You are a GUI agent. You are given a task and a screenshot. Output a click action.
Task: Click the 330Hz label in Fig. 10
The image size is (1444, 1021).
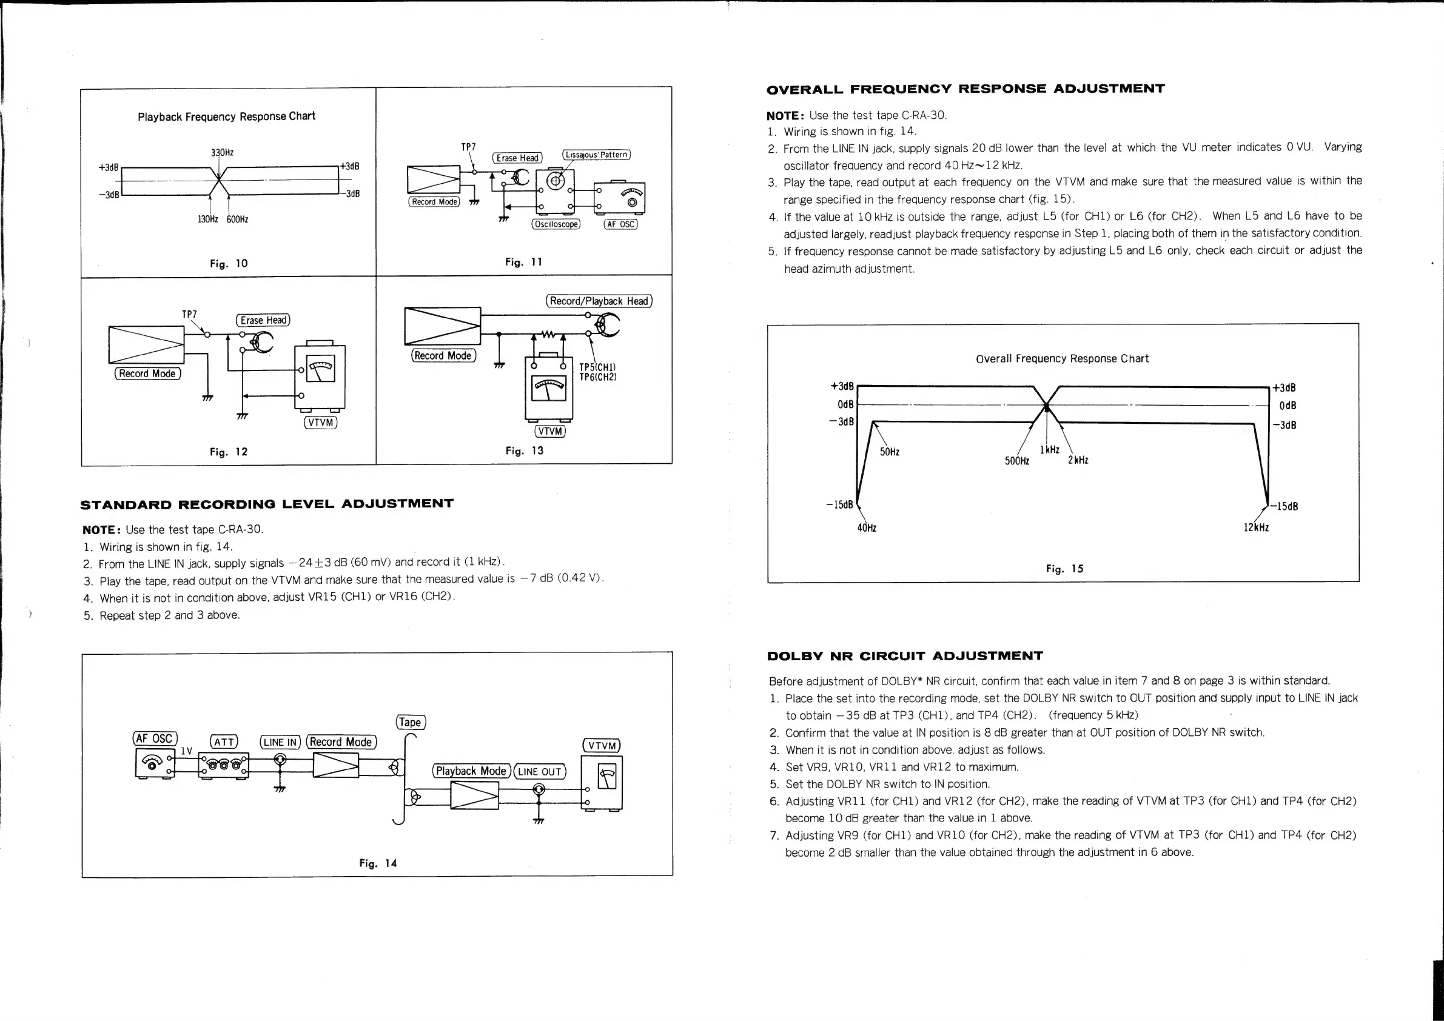[x=222, y=152]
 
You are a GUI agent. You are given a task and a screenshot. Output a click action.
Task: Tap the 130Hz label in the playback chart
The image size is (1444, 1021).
[x=207, y=219]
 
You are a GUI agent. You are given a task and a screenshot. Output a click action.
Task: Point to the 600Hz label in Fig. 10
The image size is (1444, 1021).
[x=237, y=219]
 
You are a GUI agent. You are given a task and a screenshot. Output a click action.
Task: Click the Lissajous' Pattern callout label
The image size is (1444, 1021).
[x=596, y=155]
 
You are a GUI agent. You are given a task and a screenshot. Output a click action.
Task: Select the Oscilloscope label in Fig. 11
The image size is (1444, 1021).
[x=556, y=224]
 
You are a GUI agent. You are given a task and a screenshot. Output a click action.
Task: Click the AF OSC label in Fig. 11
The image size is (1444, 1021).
[x=621, y=224]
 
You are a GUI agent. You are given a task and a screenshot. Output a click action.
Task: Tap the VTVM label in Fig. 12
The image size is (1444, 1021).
[x=321, y=423]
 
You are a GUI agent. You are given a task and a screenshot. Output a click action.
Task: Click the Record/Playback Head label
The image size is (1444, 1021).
[x=599, y=301]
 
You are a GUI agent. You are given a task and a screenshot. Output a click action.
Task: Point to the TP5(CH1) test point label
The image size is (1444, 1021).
[x=597, y=367]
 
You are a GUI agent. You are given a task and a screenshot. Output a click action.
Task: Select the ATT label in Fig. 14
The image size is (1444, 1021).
[x=224, y=742]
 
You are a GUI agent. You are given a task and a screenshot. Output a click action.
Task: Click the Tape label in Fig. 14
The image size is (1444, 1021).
[x=411, y=722]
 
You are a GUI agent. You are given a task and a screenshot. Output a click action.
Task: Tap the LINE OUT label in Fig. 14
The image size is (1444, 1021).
[x=540, y=771]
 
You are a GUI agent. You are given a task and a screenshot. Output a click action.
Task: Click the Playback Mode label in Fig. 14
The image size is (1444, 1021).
[x=471, y=771]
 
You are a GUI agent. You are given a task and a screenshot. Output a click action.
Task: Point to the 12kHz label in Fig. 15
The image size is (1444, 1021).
[x=1256, y=527]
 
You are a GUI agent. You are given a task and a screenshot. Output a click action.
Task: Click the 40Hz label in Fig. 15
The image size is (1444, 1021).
[x=867, y=528]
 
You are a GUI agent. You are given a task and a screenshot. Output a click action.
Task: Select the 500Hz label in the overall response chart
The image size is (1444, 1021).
[x=1017, y=461]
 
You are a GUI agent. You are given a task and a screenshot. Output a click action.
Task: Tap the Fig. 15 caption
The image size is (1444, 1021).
[x=1064, y=569]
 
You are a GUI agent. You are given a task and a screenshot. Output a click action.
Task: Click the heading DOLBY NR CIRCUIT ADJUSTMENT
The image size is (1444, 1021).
[x=905, y=657]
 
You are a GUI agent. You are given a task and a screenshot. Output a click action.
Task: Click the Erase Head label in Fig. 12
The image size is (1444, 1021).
[x=263, y=320]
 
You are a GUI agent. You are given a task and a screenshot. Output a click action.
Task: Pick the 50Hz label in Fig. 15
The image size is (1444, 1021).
[x=889, y=452]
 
